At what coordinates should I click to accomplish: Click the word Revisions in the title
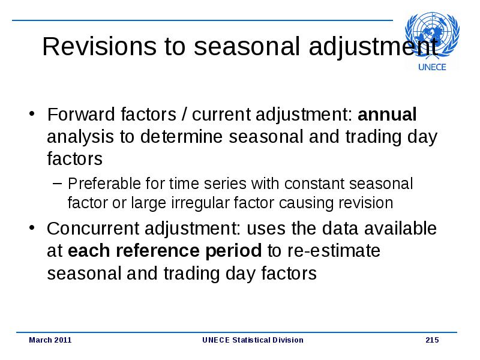(100, 46)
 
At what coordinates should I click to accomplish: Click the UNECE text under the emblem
(432, 67)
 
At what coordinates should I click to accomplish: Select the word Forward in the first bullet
(81, 114)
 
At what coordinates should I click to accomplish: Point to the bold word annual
(387, 114)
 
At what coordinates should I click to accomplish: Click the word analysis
(80, 137)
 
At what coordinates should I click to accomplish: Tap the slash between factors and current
(184, 114)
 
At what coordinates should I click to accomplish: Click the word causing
(305, 203)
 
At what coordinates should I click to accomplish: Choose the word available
(397, 229)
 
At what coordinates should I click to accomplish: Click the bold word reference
(158, 251)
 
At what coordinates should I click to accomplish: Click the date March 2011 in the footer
(50, 340)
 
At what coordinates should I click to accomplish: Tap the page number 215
(432, 340)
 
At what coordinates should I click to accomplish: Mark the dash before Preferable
(57, 184)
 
